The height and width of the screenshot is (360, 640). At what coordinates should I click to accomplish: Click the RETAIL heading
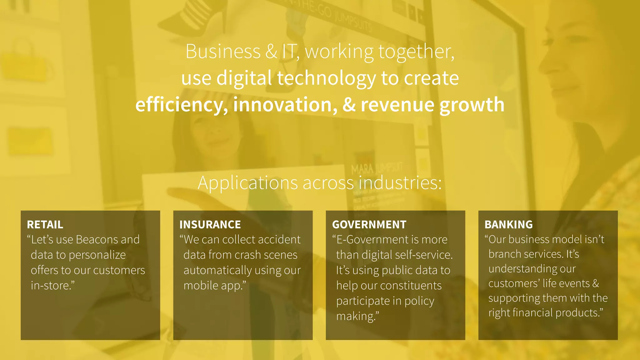(x=45, y=225)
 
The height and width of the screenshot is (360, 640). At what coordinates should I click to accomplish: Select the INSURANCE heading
(x=210, y=225)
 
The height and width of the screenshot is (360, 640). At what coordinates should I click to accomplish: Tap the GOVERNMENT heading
(x=369, y=225)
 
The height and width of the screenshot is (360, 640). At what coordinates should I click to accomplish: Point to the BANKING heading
(x=508, y=225)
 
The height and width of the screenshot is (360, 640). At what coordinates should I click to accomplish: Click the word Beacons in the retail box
(x=97, y=240)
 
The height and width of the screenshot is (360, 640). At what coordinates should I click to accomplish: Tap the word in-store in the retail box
(x=51, y=286)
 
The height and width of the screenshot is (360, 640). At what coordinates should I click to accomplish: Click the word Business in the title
(x=223, y=52)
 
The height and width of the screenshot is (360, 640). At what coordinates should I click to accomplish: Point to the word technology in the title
(x=326, y=78)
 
